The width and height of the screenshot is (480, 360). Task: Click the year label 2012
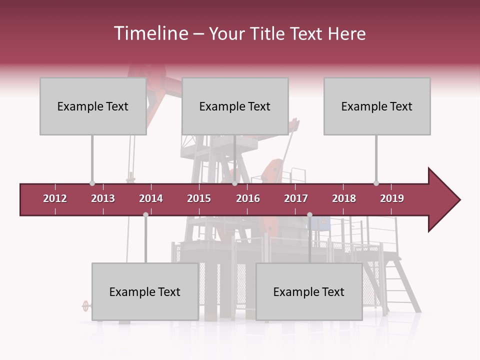[x=55, y=198]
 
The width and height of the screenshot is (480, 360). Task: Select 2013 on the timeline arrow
[x=103, y=198]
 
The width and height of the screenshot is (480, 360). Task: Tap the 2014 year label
[x=151, y=198]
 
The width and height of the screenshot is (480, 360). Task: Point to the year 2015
[x=199, y=198]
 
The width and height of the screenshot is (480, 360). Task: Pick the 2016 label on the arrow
[x=248, y=198]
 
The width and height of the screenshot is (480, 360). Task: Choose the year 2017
[x=296, y=198]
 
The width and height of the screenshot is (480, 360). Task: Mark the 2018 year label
[x=344, y=198]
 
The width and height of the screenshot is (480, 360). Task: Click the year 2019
[x=392, y=198]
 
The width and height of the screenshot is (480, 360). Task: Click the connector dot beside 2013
[x=92, y=183]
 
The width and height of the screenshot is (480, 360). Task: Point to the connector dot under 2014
[x=145, y=214]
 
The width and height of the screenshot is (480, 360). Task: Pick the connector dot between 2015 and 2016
[x=234, y=183]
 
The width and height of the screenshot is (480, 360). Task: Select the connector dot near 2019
[x=376, y=183]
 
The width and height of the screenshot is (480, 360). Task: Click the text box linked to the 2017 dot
[x=309, y=291]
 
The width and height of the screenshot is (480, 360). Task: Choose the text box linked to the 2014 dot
[x=145, y=291]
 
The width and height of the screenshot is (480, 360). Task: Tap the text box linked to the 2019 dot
[x=377, y=106]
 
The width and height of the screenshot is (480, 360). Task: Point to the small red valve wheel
[x=85, y=305]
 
